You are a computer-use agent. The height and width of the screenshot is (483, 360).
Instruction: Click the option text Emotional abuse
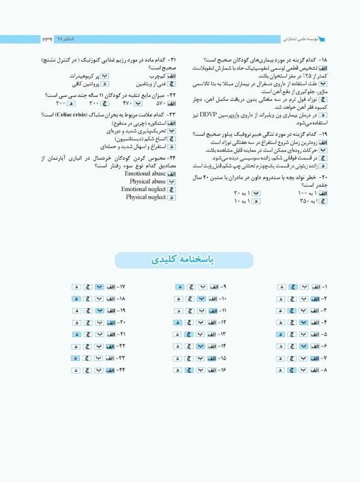[145, 173]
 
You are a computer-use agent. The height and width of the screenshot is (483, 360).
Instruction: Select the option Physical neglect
[146, 197]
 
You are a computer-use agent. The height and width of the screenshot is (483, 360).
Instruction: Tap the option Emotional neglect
[144, 189]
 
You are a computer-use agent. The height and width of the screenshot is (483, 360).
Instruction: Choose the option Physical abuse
[148, 181]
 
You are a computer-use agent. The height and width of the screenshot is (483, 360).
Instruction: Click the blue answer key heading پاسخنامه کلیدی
[180, 260]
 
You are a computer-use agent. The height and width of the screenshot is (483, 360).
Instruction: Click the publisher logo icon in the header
[323, 39]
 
